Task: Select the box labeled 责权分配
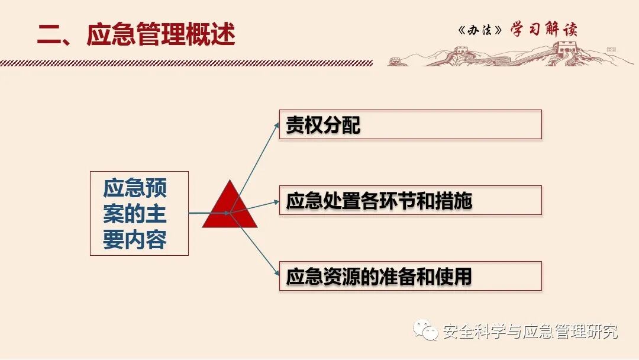(x=410, y=124)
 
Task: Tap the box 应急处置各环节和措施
(x=410, y=200)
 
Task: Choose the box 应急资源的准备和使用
(x=410, y=276)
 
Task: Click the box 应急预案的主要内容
(x=139, y=213)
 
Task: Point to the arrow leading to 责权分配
(x=256, y=166)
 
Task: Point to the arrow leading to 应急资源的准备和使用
(x=256, y=245)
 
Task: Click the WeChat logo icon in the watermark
(x=426, y=330)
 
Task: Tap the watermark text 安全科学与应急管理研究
(x=530, y=332)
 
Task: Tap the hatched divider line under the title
(x=186, y=63)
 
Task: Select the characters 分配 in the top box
(x=341, y=125)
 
